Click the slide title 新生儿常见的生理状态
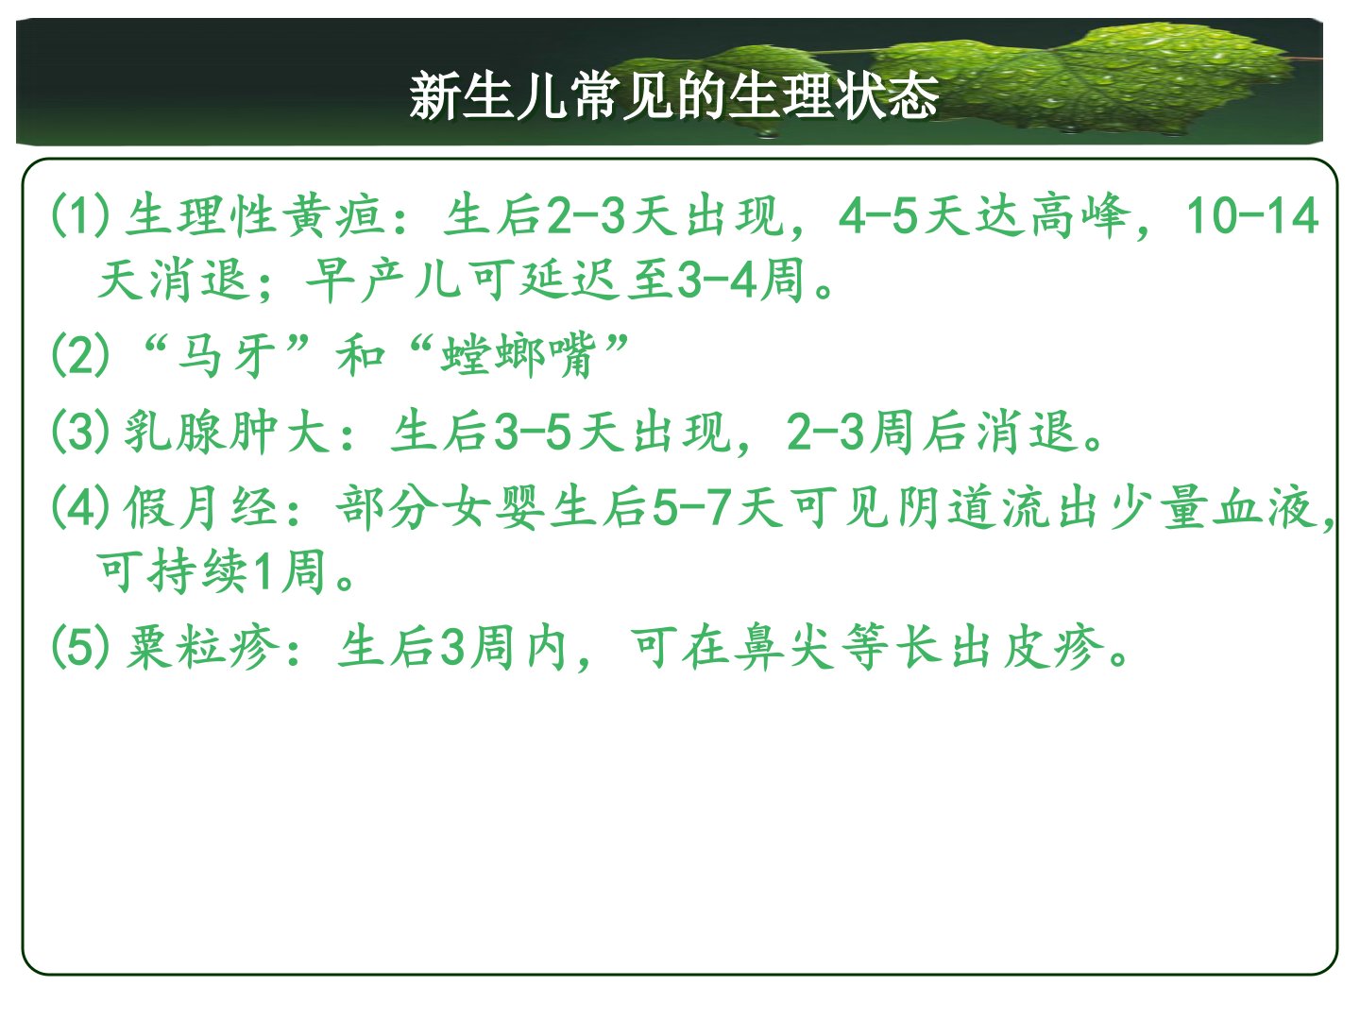point(673,95)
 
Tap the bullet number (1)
point(81,215)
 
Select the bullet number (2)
point(81,354)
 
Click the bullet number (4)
point(81,508)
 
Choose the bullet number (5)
point(81,647)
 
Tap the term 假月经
point(201,508)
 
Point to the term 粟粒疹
point(202,648)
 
